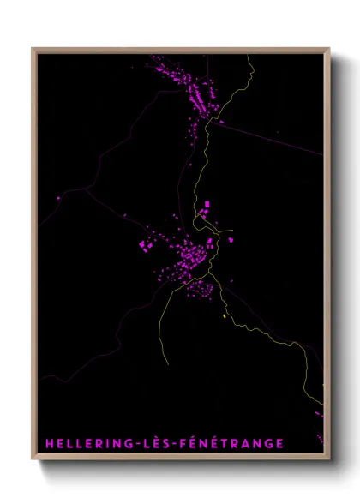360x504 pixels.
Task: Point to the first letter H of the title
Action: click(50, 442)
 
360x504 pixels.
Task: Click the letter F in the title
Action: click(181, 442)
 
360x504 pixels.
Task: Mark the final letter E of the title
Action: click(279, 442)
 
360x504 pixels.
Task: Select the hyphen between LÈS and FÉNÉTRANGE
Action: click(171, 443)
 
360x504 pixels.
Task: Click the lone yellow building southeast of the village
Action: click(225, 316)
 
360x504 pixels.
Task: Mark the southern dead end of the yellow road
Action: click(169, 363)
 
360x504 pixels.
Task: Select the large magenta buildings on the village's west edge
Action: click(145, 246)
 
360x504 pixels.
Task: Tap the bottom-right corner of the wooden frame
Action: click(329, 459)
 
